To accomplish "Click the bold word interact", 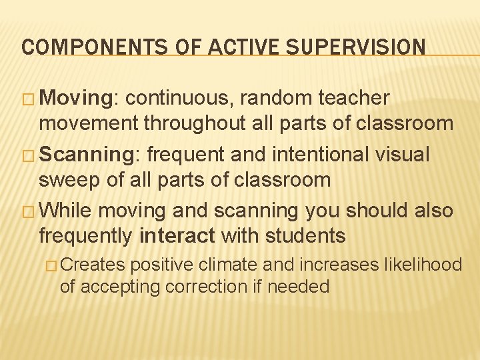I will (178, 235).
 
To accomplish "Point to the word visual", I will (405, 154).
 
